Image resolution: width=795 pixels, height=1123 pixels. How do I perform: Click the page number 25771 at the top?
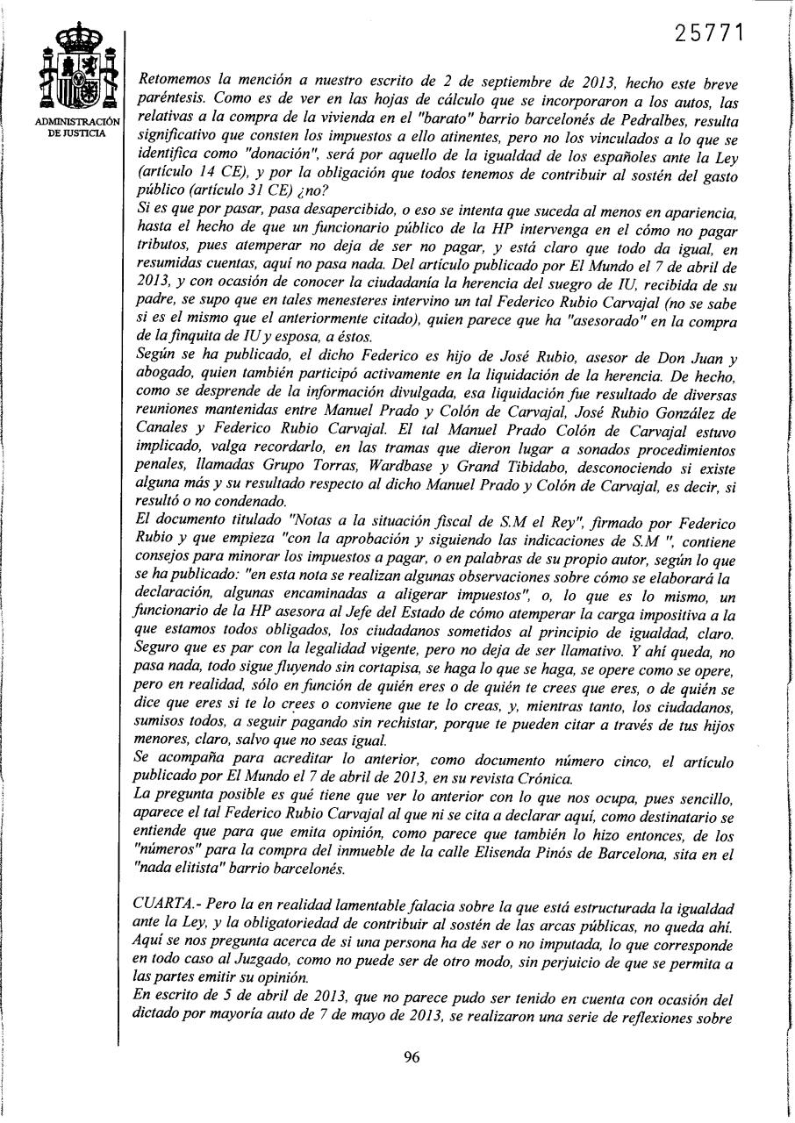(712, 32)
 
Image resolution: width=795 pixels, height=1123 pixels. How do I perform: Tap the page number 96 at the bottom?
(412, 1057)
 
